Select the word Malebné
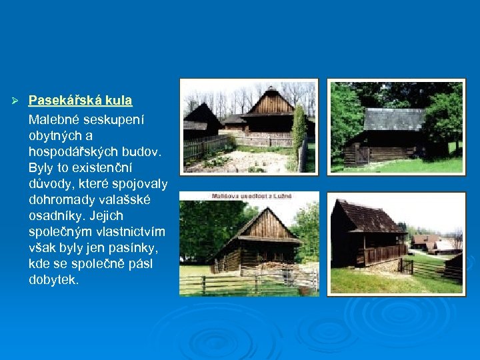[x=55, y=120]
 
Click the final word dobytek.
[x=54, y=280]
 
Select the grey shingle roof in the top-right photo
[x=393, y=119]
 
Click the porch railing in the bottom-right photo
[x=384, y=254]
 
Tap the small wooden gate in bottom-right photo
[x=406, y=267]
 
